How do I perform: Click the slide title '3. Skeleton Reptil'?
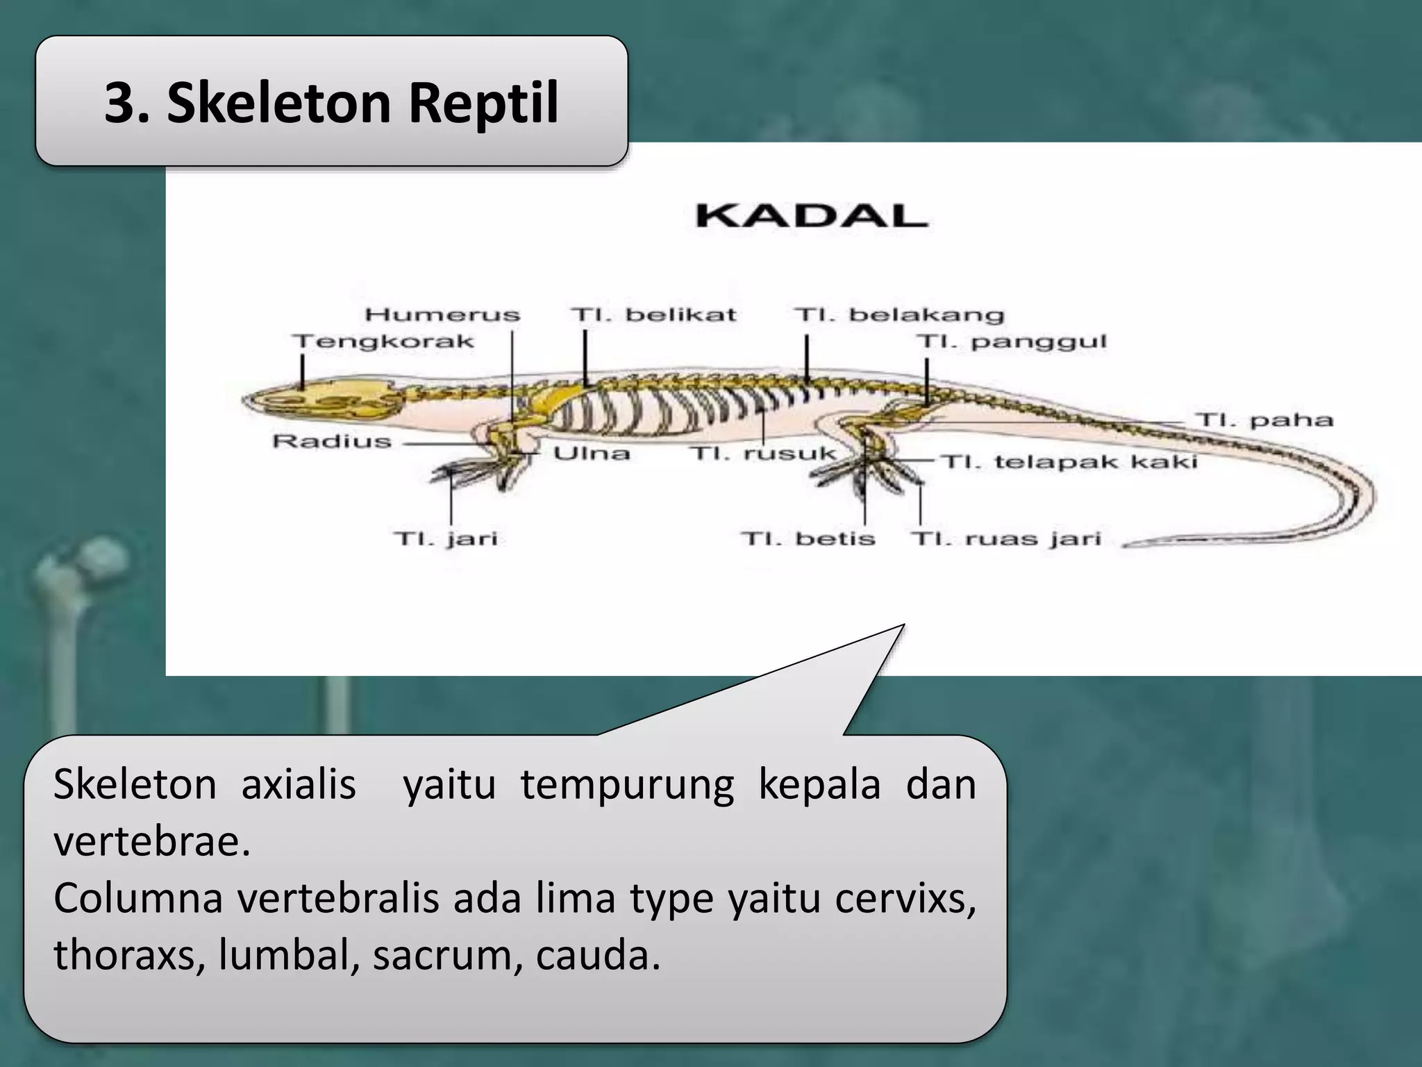click(331, 103)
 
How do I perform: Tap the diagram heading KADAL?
click(811, 215)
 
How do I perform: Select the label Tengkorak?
click(383, 342)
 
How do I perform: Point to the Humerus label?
click(442, 315)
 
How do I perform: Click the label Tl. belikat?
click(653, 315)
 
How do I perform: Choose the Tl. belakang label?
click(899, 315)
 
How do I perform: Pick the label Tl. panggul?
click(1011, 342)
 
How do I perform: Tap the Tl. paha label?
click(1264, 420)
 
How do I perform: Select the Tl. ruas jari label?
click(1005, 539)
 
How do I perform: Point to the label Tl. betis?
click(808, 539)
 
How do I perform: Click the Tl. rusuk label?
click(763, 454)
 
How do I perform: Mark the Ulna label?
click(592, 454)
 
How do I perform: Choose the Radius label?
click(332, 441)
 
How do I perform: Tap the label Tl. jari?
click(446, 539)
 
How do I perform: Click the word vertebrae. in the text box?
click(151, 841)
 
